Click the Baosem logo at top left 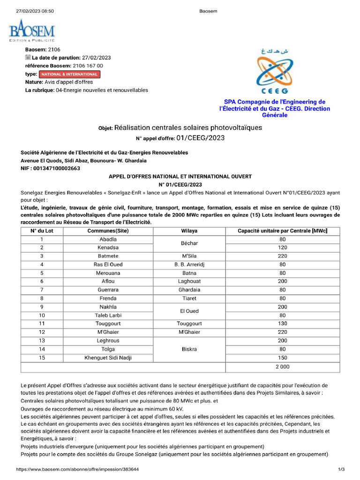click(x=32, y=32)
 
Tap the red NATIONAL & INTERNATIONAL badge click(x=69, y=74)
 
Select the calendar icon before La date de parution click(x=28, y=58)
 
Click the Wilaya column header click(x=189, y=231)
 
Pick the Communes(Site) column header click(x=108, y=231)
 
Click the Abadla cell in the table click(x=108, y=239)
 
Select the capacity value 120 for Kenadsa click(x=282, y=247)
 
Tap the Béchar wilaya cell click(x=189, y=243)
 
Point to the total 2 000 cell click(x=282, y=367)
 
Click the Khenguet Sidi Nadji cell click(x=108, y=358)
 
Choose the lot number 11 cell click(x=42, y=323)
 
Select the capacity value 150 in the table click(x=282, y=358)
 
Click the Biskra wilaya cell click(x=189, y=349)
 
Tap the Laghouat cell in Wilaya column click(x=189, y=281)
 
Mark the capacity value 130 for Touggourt click(x=282, y=323)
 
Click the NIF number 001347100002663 click(x=51, y=168)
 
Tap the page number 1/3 click(x=341, y=469)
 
